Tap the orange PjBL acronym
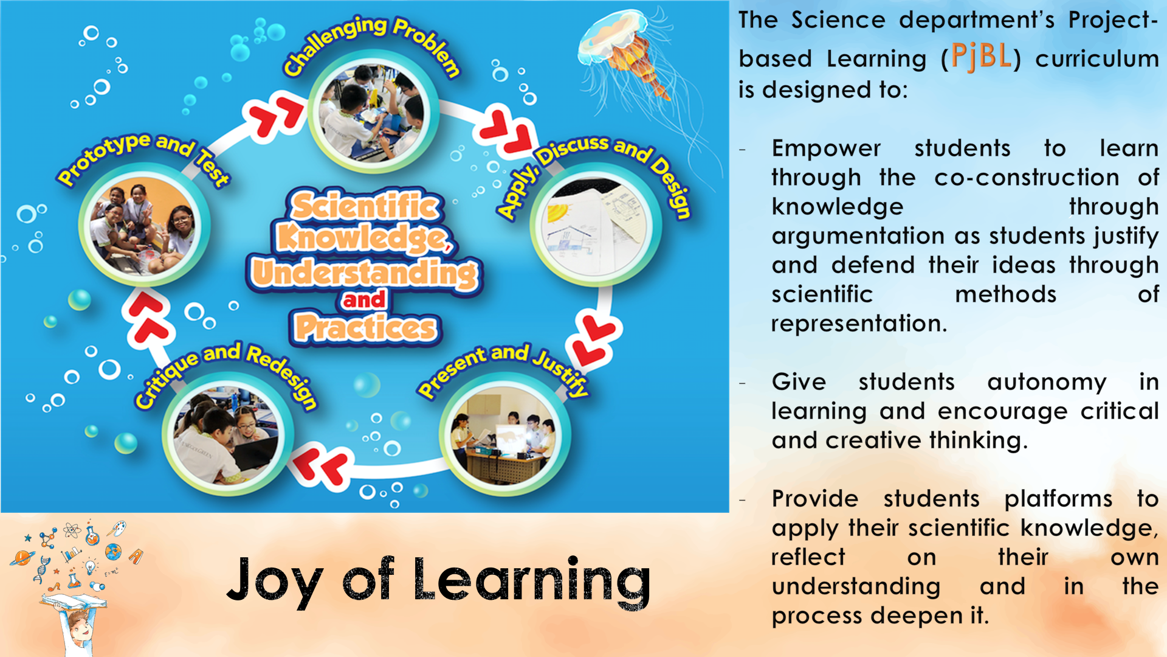tap(981, 57)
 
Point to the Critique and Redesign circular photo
tap(227, 434)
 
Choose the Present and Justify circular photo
tap(504, 434)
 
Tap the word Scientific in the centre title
tap(365, 206)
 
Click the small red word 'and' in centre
tap(363, 299)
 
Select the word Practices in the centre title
tap(365, 328)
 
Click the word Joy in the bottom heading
tap(274, 580)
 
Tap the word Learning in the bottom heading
tap(532, 580)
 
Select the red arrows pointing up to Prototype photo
tap(148, 316)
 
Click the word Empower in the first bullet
tap(826, 148)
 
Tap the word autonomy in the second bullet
tap(1047, 382)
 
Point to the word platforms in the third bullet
tap(1058, 499)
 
